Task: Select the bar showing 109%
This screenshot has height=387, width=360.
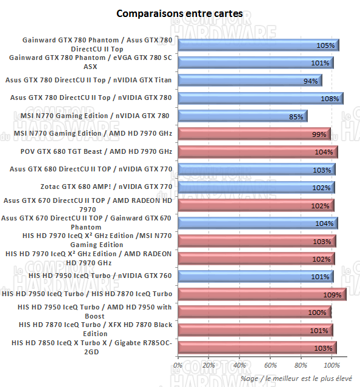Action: point(261,295)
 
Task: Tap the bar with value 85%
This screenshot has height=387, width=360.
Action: point(242,116)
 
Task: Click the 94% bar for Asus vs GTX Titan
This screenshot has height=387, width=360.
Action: point(248,81)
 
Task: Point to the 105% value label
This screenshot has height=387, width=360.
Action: point(325,45)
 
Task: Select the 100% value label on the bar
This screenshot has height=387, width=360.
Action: point(318,313)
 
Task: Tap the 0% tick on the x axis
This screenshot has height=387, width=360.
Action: point(178,366)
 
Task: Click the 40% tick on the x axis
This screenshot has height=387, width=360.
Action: point(239,366)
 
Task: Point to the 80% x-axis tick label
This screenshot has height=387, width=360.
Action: point(301,366)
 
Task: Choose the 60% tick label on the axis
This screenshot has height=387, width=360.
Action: point(270,366)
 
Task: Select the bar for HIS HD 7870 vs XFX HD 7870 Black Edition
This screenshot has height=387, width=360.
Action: point(255,331)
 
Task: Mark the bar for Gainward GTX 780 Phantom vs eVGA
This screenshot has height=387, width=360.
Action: point(255,62)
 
